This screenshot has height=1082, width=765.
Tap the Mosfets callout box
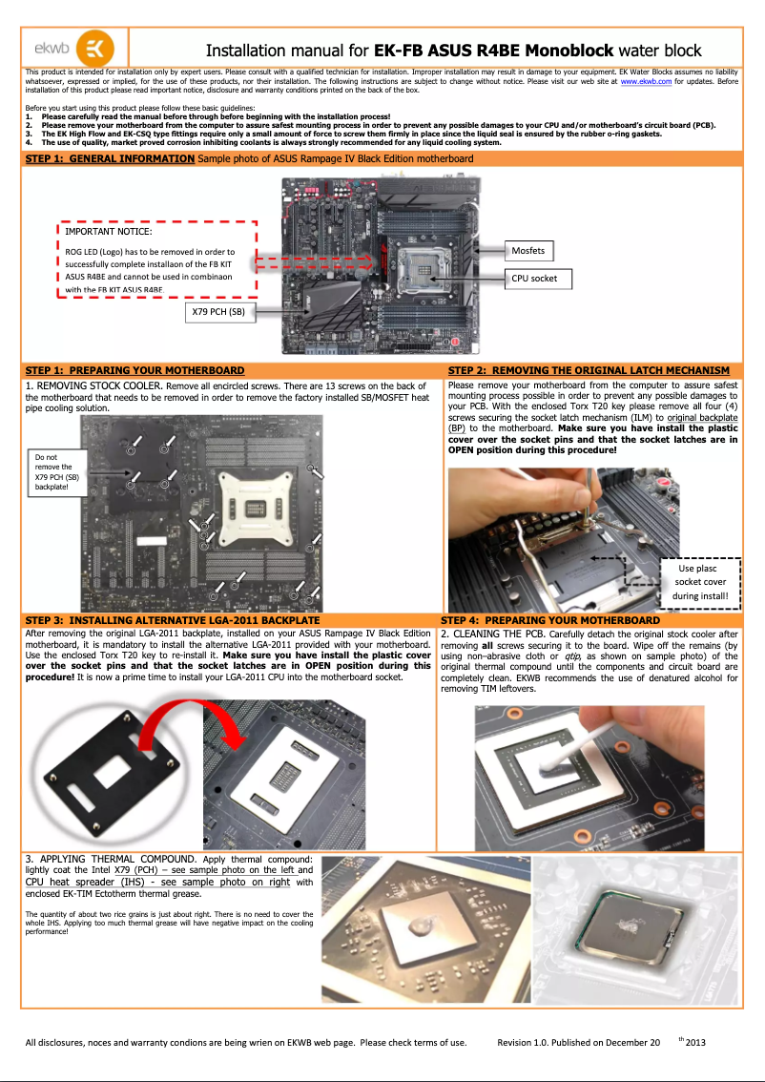pos(528,251)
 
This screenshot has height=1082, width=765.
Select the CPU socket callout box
pos(538,279)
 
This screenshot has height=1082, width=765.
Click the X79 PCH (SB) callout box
pos(220,311)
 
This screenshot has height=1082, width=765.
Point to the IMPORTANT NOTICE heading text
pos(108,231)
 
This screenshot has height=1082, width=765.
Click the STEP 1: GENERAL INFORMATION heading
pos(110,158)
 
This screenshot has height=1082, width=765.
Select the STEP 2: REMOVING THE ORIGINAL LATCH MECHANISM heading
pos(589,370)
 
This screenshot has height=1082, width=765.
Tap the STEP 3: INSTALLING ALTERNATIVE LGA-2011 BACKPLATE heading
pos(172,620)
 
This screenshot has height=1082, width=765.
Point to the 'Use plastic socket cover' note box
pos(700,582)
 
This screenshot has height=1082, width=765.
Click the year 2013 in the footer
pos(695,1041)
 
